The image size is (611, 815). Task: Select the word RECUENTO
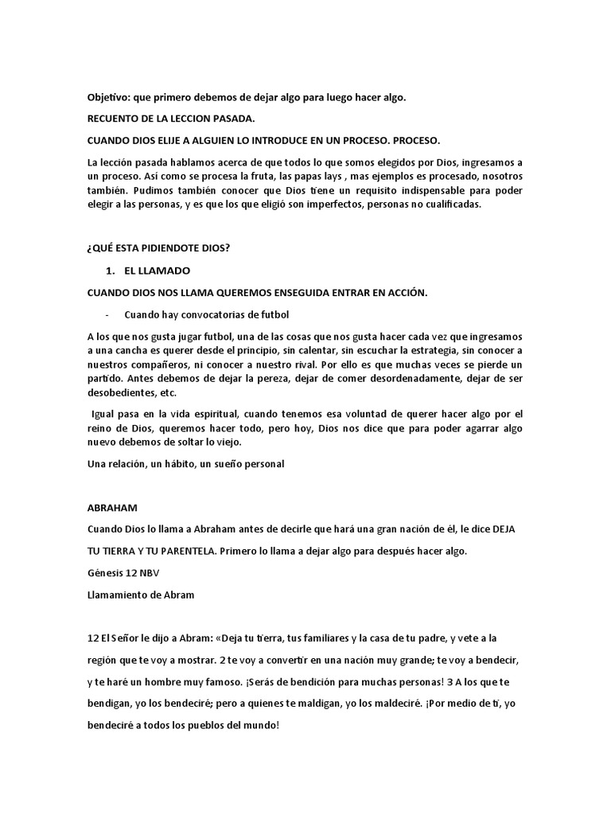point(115,119)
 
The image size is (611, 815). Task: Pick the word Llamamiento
point(120,595)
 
